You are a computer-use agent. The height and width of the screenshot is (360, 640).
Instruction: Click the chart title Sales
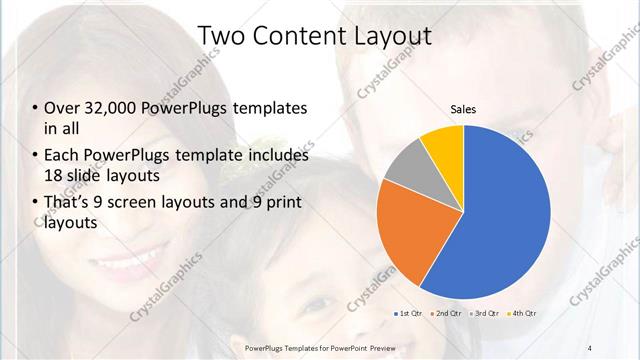click(x=463, y=108)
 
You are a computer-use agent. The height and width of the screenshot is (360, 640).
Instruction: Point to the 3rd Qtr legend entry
click(x=486, y=314)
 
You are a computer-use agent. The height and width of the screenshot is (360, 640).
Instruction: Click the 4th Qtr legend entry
click(x=522, y=314)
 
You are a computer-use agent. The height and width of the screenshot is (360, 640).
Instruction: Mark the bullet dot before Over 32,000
click(x=35, y=108)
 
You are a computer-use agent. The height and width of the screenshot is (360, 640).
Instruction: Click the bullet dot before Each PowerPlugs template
click(x=35, y=156)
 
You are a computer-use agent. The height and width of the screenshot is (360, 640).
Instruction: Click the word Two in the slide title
click(x=220, y=36)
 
